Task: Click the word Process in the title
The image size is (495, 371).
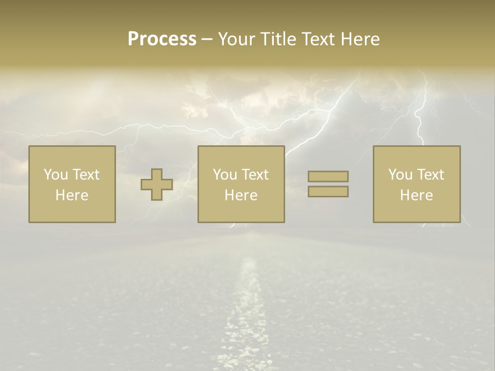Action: [162, 39]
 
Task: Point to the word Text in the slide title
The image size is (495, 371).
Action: [318, 39]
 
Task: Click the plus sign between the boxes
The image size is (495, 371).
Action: [157, 184]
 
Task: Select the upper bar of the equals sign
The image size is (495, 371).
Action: [328, 176]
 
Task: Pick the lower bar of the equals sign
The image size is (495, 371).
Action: [328, 192]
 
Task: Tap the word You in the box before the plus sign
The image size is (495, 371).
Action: [55, 175]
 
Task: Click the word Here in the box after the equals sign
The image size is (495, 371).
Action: [417, 195]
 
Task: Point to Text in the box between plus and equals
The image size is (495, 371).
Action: [255, 175]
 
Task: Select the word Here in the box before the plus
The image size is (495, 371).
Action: [72, 195]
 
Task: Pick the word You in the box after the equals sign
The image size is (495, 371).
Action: [400, 175]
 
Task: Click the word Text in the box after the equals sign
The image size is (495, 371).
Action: [431, 175]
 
